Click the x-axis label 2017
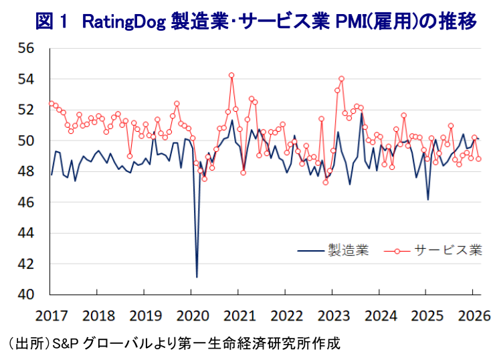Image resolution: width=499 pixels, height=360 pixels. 52,314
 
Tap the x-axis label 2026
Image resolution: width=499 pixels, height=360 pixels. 470,314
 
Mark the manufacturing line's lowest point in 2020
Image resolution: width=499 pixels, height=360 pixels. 197,276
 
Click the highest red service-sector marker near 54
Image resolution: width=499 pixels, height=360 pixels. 231,75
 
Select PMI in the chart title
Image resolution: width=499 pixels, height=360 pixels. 355,22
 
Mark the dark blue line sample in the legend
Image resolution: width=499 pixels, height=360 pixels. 310,251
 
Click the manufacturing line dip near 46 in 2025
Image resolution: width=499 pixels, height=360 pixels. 428,199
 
